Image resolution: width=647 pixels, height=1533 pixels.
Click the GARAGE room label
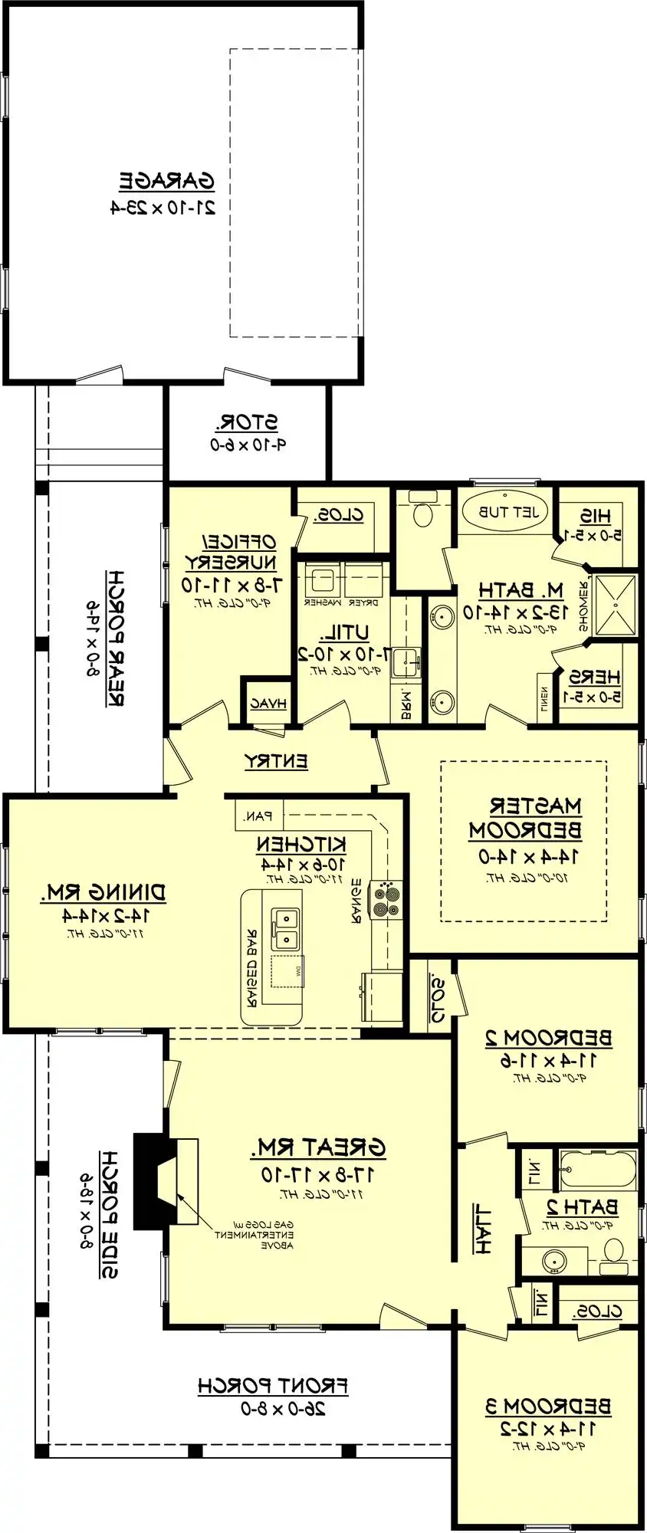click(166, 182)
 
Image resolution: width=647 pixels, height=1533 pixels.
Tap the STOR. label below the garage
click(247, 422)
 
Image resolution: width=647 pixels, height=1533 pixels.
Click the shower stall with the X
click(616, 604)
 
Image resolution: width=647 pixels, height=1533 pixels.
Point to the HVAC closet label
click(268, 703)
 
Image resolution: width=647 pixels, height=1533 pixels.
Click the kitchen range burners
click(386, 899)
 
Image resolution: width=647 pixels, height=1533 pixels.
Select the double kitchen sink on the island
click(287, 927)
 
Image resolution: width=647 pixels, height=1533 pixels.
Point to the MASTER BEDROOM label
click(525, 817)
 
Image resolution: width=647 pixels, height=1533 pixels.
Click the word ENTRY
click(276, 761)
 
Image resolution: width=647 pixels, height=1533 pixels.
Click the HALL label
click(482, 1229)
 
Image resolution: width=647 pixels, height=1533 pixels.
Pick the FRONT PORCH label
click(272, 1385)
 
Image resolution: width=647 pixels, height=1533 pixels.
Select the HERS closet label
click(593, 677)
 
